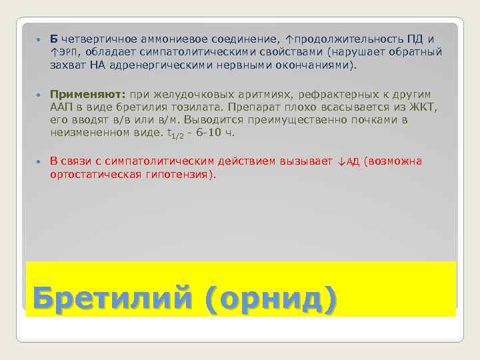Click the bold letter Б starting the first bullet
click(x=53, y=39)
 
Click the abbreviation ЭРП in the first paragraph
click(x=67, y=53)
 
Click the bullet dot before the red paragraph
click(x=38, y=161)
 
